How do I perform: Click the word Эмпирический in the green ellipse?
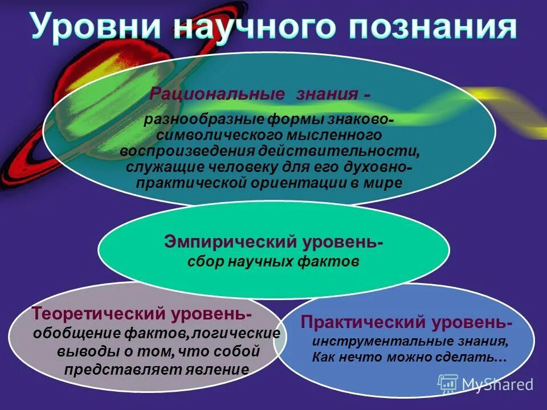point(228,241)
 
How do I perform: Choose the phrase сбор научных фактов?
point(273,262)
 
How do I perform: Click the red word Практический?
point(362,323)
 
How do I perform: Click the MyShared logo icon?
point(447,384)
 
